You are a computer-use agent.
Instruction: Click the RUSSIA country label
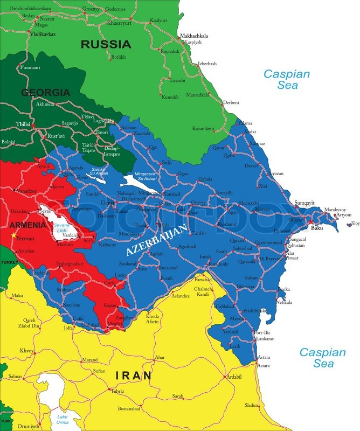[x=106, y=44]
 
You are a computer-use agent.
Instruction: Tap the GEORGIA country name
[x=45, y=92]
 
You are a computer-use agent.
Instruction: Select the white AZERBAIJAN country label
[x=157, y=240]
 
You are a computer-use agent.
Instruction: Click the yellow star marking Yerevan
[x=13, y=235]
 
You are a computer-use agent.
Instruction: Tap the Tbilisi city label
[x=23, y=124]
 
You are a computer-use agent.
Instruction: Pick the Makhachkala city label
[x=193, y=36]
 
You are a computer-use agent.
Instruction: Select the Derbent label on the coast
[x=231, y=102]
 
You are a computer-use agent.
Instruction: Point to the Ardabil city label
[x=234, y=377]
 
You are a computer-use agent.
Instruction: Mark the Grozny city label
[x=91, y=9]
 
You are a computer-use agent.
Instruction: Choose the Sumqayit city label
[x=304, y=203]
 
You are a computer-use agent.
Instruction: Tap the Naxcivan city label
[x=72, y=304]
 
